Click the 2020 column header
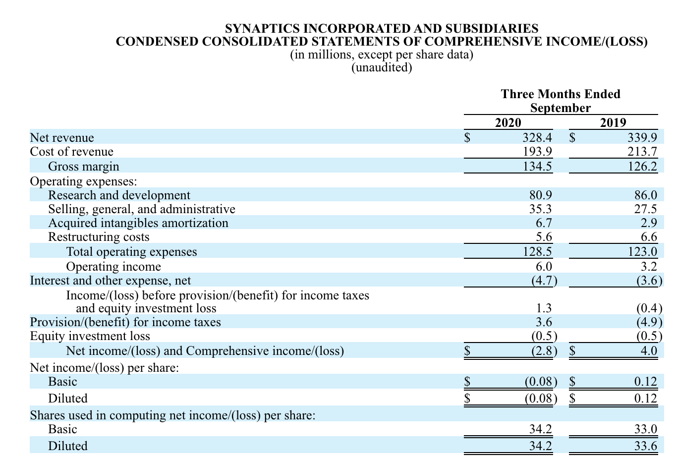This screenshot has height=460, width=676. pyautogui.click(x=508, y=122)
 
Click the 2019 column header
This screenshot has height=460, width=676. pyautogui.click(x=613, y=122)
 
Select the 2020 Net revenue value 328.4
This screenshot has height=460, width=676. pyautogui.click(x=537, y=137)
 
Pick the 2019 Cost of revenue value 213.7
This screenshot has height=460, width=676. pyautogui.click(x=642, y=151)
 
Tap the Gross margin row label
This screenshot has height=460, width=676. pyautogui.click(x=84, y=167)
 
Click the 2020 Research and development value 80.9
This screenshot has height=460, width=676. pyautogui.click(x=541, y=195)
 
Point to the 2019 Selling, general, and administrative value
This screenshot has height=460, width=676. pyautogui.click(x=645, y=209)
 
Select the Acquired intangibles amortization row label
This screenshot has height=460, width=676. pyautogui.click(x=138, y=223)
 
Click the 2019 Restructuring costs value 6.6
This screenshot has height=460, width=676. pyautogui.click(x=649, y=237)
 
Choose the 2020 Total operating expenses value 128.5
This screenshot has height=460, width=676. pyautogui.click(x=537, y=251)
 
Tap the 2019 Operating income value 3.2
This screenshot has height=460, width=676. pyautogui.click(x=649, y=266)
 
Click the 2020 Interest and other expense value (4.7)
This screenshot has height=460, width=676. pyautogui.click(x=544, y=281)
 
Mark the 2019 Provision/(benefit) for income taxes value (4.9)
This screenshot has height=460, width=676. pyautogui.click(x=649, y=322)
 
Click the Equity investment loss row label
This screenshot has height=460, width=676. pyautogui.click(x=90, y=336)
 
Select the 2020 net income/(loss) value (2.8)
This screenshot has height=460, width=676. pyautogui.click(x=544, y=351)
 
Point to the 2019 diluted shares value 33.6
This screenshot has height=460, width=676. pyautogui.click(x=645, y=446)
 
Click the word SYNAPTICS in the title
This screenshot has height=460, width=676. pyautogui.click(x=262, y=28)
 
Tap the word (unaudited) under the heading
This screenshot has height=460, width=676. pyautogui.click(x=382, y=67)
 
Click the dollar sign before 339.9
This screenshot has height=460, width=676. pyautogui.click(x=572, y=138)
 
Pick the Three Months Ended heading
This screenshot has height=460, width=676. pyautogui.click(x=561, y=94)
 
